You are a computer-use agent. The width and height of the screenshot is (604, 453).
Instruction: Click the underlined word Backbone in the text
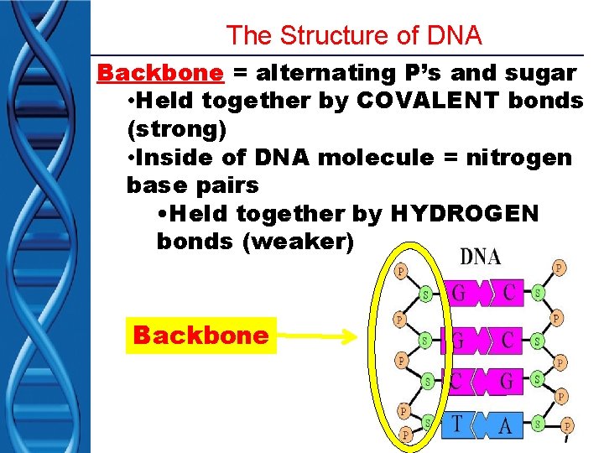tap(161, 73)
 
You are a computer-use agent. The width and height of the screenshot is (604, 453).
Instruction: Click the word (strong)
tap(176, 130)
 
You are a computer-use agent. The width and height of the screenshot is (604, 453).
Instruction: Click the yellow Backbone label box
tap(200, 336)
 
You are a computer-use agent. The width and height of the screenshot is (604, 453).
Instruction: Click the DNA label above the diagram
tap(481, 257)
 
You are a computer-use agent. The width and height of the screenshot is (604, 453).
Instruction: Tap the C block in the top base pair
tap(508, 294)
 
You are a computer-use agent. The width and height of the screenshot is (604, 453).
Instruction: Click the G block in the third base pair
tap(507, 381)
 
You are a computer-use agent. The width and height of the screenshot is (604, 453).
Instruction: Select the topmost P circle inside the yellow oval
tap(400, 272)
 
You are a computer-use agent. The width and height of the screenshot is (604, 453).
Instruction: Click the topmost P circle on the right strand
tap(559, 268)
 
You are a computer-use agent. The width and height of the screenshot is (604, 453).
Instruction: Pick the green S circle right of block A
tap(538, 425)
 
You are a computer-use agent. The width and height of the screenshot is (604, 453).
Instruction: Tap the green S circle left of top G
tap(426, 294)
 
